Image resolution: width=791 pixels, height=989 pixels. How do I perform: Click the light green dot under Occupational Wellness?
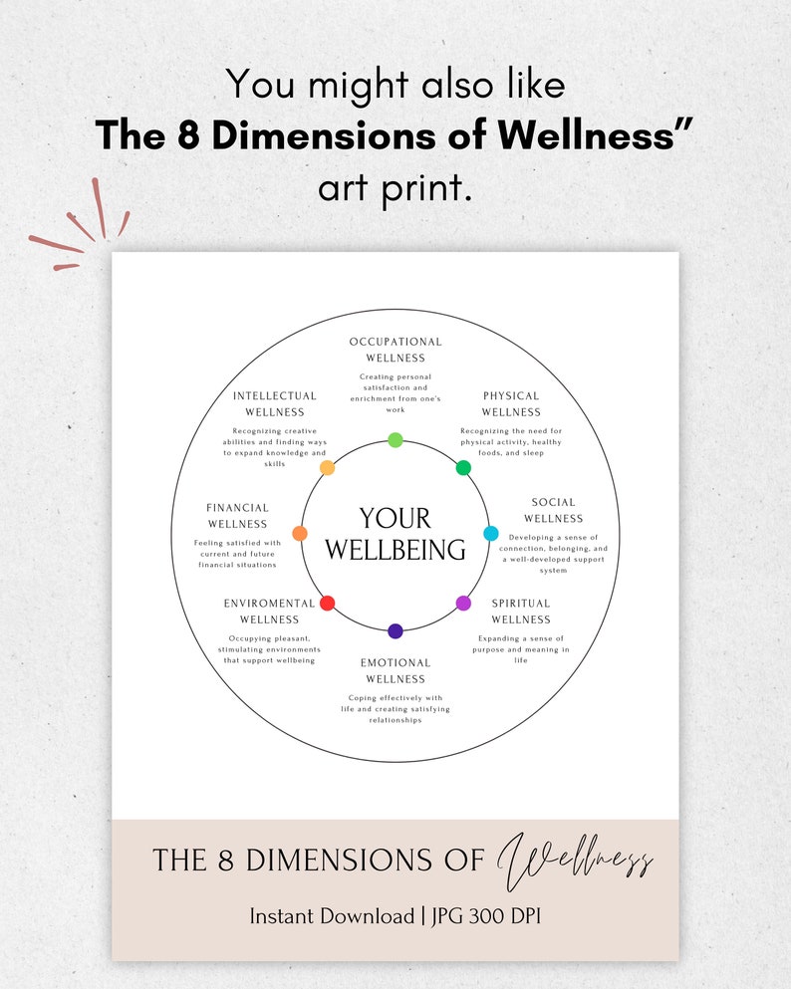395,440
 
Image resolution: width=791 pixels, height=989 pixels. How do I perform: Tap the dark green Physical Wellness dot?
463,468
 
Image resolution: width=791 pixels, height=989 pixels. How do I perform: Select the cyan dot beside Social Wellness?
491,534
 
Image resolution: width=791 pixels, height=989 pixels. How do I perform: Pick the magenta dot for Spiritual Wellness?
463,603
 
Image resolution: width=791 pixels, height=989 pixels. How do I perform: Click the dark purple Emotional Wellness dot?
395,630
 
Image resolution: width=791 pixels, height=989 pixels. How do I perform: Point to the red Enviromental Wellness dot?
327,603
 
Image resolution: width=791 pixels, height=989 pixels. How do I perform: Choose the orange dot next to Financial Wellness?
300,534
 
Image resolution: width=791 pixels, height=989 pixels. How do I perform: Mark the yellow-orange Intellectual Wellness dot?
327,468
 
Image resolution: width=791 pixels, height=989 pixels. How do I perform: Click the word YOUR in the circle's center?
395,519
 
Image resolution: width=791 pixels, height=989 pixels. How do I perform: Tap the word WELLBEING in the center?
395,550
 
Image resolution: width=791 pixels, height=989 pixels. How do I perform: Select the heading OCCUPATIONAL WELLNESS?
395,350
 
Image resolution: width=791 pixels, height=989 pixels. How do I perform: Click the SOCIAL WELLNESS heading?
553,510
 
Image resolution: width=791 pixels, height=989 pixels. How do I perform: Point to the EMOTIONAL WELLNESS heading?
395,670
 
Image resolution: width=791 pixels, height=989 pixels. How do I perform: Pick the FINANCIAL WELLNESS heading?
237,515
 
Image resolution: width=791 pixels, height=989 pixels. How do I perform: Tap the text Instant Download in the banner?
331,916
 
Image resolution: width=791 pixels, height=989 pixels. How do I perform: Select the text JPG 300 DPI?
484,916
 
